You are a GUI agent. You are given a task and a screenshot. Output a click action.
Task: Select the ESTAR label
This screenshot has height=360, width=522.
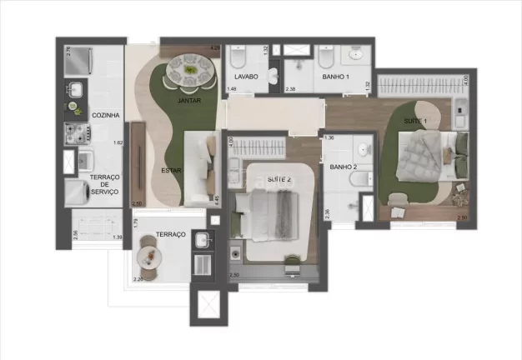point(172,172)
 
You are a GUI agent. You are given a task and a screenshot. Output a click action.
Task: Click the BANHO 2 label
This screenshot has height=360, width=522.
point(343,167)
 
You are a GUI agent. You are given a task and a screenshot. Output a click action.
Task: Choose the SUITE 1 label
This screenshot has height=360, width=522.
point(414,122)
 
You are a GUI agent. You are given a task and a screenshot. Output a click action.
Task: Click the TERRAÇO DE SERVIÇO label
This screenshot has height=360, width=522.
point(105,184)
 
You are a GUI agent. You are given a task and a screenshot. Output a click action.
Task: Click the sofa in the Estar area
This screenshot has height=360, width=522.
point(201,166)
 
